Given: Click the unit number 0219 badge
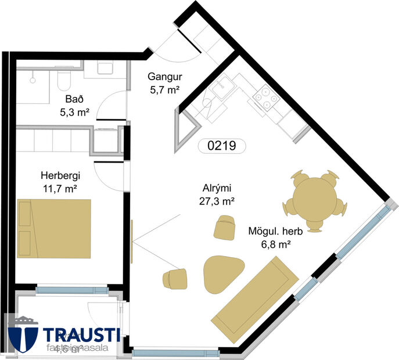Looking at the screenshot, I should pyautogui.click(x=220, y=146).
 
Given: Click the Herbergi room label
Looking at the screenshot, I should pyautogui.click(x=60, y=175).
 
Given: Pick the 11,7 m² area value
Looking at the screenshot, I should pyautogui.click(x=60, y=188).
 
